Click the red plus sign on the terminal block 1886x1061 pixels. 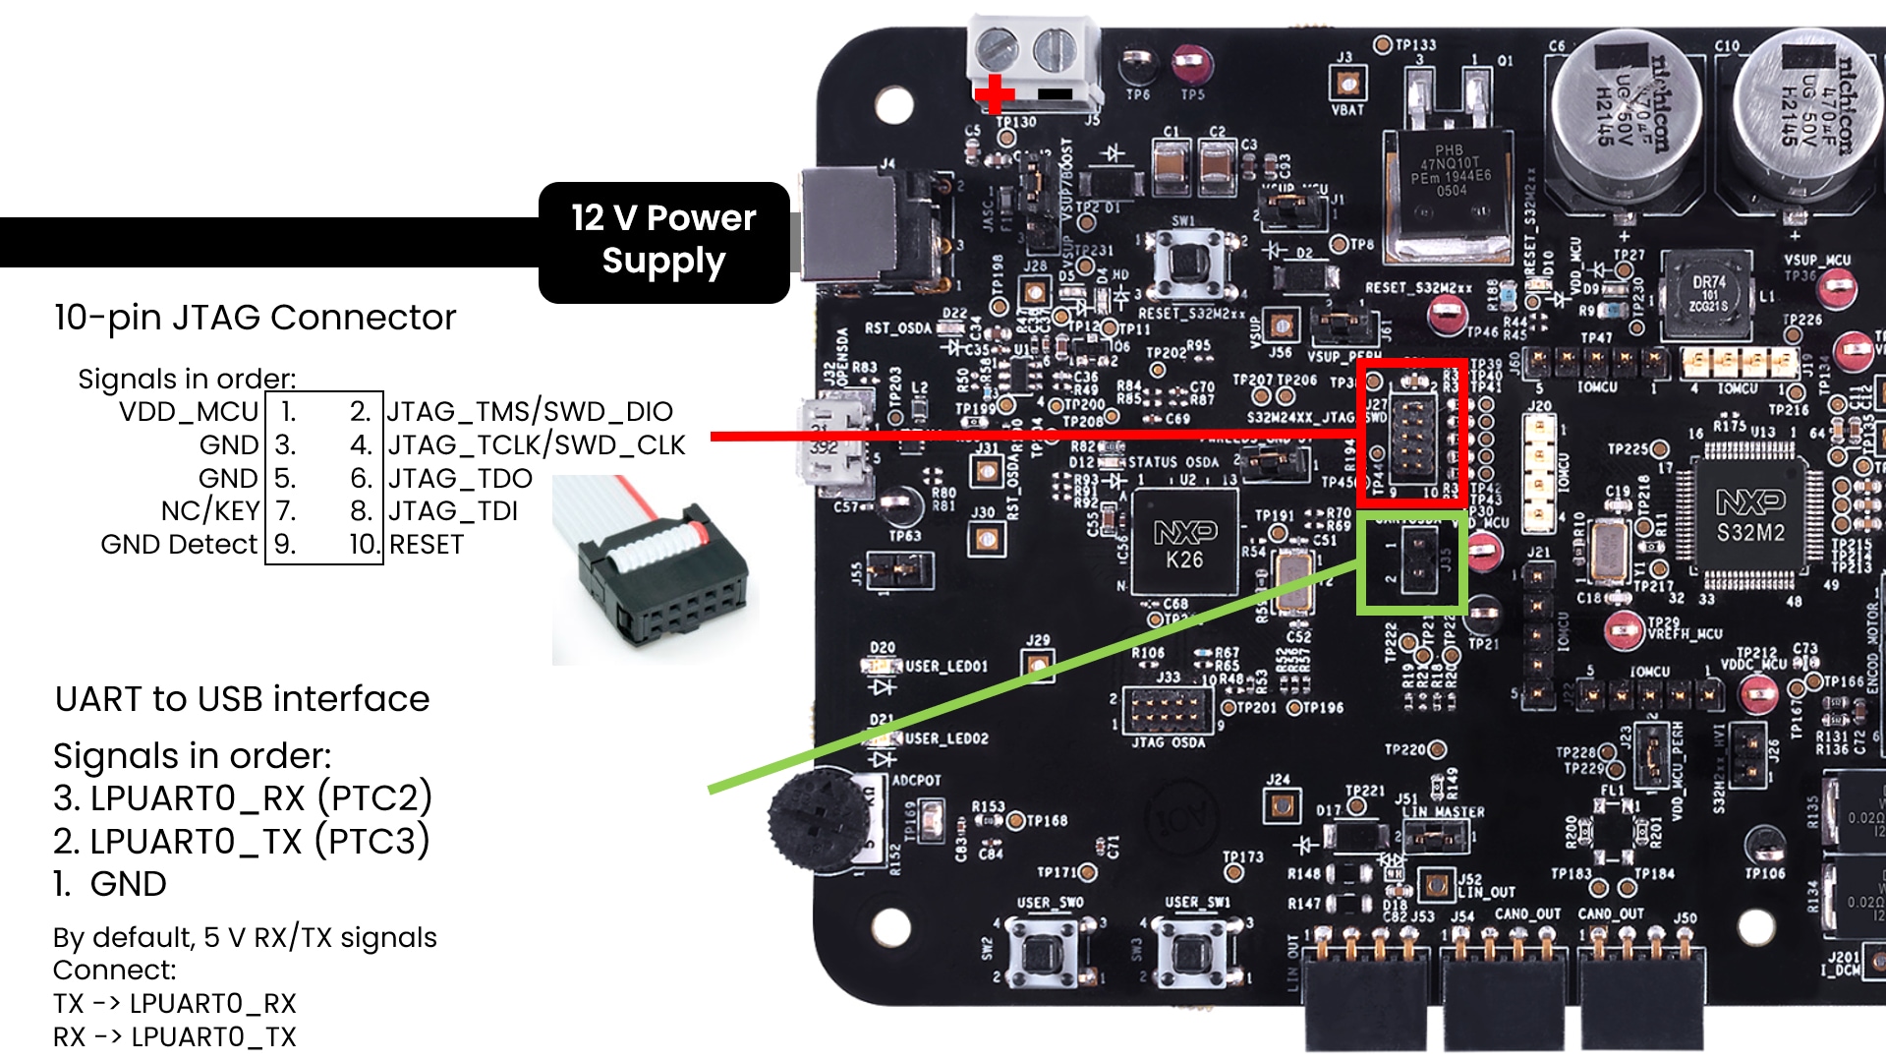pyautogui.click(x=995, y=94)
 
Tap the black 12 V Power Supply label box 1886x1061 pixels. pyautogui.click(x=663, y=241)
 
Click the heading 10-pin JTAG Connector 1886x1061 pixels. pyautogui.click(x=255, y=318)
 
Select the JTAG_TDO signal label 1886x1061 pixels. pyautogui.click(x=460, y=479)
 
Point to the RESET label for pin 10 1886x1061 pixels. pyautogui.click(x=427, y=545)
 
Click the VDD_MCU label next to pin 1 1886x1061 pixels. pyautogui.click(x=189, y=411)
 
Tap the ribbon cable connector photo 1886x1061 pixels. pyautogui.click(x=655, y=570)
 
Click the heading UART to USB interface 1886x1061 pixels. pyautogui.click(x=242, y=699)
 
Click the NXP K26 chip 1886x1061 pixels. pyautogui.click(x=1184, y=545)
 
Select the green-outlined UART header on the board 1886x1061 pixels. pyautogui.click(x=1412, y=561)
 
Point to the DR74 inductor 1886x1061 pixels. pyautogui.click(x=1708, y=294)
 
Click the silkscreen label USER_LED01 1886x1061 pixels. pyautogui.click(x=946, y=667)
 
